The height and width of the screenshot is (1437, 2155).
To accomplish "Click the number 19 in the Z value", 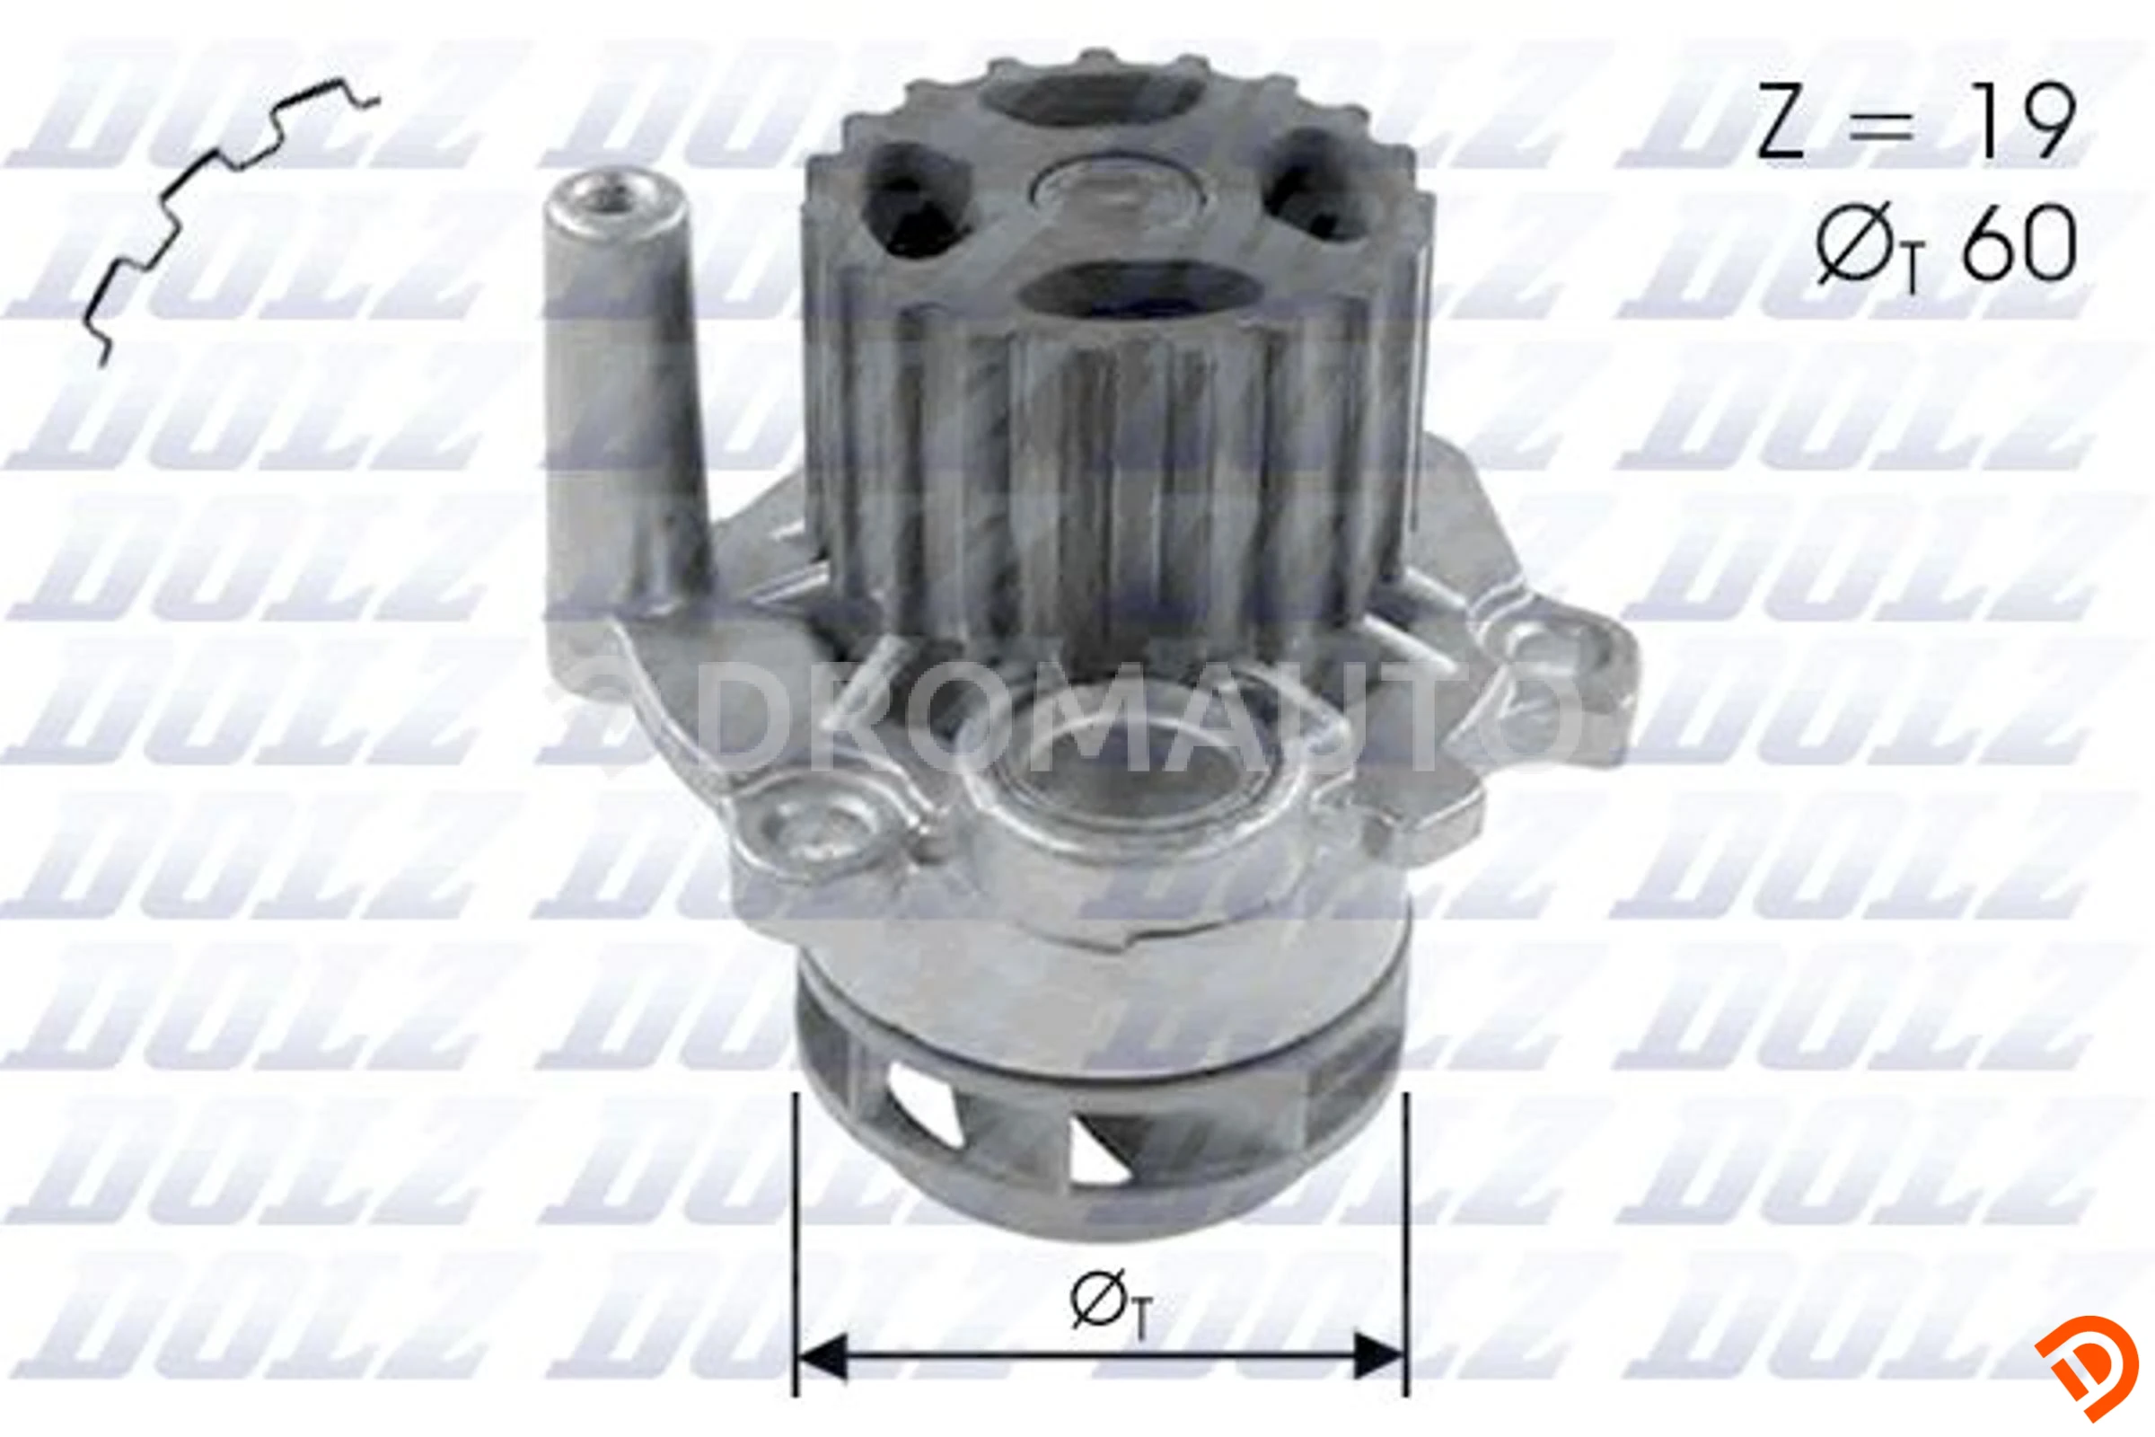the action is (x=2021, y=122).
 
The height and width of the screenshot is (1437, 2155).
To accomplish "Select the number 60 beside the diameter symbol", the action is (x=2019, y=243).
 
